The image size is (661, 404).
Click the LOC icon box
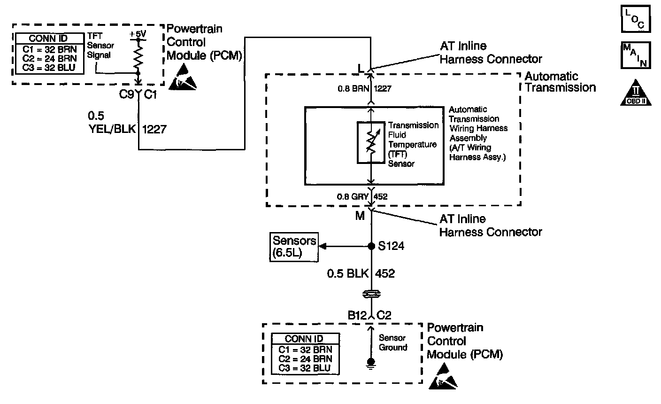coord(636,19)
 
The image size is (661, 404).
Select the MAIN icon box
coord(636,55)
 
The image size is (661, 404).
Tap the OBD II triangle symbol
coord(636,93)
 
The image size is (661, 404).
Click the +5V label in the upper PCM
coord(138,34)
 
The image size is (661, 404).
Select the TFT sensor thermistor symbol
coord(371,143)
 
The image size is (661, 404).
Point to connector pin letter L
coord(361,69)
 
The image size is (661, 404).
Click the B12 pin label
coord(357,316)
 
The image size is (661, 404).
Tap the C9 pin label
coord(125,95)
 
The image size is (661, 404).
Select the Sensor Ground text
coord(392,342)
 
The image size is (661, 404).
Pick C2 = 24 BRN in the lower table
coord(305,358)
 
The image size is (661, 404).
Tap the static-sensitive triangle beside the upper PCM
coord(184,77)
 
